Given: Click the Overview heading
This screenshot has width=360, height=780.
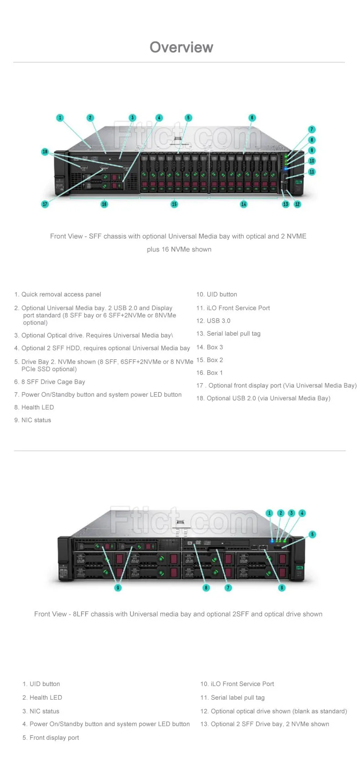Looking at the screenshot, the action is pos(181,47).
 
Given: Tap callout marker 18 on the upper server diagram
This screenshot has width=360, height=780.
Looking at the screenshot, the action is pos(45,152).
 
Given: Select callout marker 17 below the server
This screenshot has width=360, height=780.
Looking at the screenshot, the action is pos(45,204).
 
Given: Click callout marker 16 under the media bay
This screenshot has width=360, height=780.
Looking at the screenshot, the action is pos(104,204).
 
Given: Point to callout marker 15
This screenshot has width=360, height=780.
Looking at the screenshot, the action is pos(174,204).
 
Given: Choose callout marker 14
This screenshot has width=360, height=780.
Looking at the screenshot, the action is pos(243,204).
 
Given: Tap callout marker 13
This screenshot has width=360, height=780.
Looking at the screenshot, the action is pos(286,204).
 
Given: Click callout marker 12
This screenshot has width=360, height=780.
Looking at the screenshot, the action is pos(298,204).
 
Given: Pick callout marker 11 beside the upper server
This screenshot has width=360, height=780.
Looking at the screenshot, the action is pos(312,172).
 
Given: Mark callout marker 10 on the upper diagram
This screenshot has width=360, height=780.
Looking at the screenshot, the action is pos(312,161).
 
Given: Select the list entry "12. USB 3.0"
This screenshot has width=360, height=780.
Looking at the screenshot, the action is pos(213,321).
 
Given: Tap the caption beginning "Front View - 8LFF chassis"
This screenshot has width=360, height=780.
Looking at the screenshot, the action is pos(178,614).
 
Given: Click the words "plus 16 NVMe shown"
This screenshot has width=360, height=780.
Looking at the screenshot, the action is pos(179,249).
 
